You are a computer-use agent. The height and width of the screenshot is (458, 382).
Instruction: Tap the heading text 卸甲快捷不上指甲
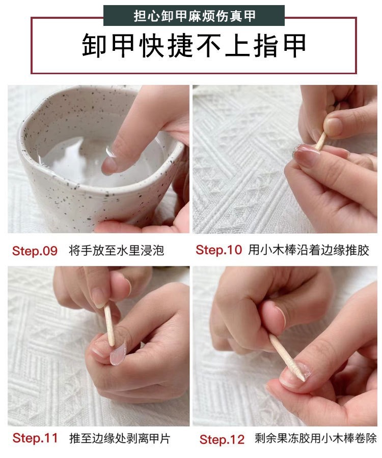pyautogui.click(x=194, y=46)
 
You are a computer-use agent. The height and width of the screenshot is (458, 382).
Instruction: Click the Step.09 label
pyautogui.click(x=35, y=251)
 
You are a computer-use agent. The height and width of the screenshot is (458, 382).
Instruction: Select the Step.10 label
pyautogui.click(x=219, y=250)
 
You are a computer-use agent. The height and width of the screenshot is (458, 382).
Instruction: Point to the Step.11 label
pyautogui.click(x=35, y=438)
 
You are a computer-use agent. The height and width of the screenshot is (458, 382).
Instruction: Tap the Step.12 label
pyautogui.click(x=222, y=439)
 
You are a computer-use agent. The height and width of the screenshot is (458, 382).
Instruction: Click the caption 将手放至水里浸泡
pyautogui.click(x=117, y=251)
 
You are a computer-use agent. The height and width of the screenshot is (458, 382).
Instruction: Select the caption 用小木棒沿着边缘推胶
pyautogui.click(x=309, y=250)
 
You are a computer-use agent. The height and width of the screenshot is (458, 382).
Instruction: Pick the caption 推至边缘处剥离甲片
pyautogui.click(x=120, y=438)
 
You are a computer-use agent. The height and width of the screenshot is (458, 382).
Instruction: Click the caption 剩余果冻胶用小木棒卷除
pyautogui.click(x=316, y=439)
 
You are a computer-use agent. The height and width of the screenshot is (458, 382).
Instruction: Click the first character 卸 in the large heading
pyautogui.click(x=96, y=46)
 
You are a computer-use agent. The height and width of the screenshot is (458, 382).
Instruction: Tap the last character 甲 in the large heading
pyautogui.click(x=292, y=46)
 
